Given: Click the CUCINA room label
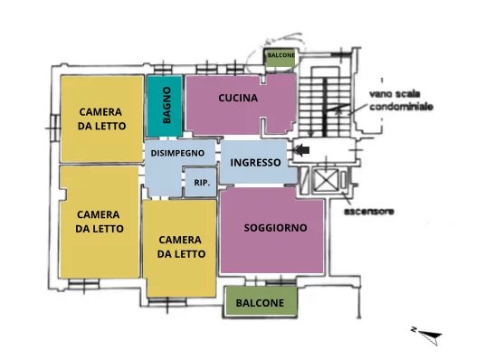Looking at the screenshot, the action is point(238,98).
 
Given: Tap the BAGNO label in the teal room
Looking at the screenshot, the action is point(166,105).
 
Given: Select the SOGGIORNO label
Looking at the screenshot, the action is point(275,227).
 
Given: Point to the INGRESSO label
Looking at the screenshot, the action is point(255,163).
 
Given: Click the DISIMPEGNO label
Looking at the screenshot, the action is point(177,154).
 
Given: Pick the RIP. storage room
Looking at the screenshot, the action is point(201,183).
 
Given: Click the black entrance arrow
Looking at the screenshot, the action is point(301,150).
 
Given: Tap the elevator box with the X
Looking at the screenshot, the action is point(327,180).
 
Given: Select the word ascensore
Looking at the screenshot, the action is point(368,211).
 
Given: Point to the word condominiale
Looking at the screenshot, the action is point(401,107).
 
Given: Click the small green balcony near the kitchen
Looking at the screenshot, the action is point(280,58).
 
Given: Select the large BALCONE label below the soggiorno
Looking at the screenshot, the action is point(260,303).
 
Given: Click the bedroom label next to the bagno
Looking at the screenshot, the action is point(101,119).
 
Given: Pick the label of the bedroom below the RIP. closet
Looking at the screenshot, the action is point(181,247).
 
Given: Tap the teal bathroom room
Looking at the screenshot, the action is point(165,106).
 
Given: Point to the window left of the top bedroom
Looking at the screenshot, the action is point(54,128).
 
